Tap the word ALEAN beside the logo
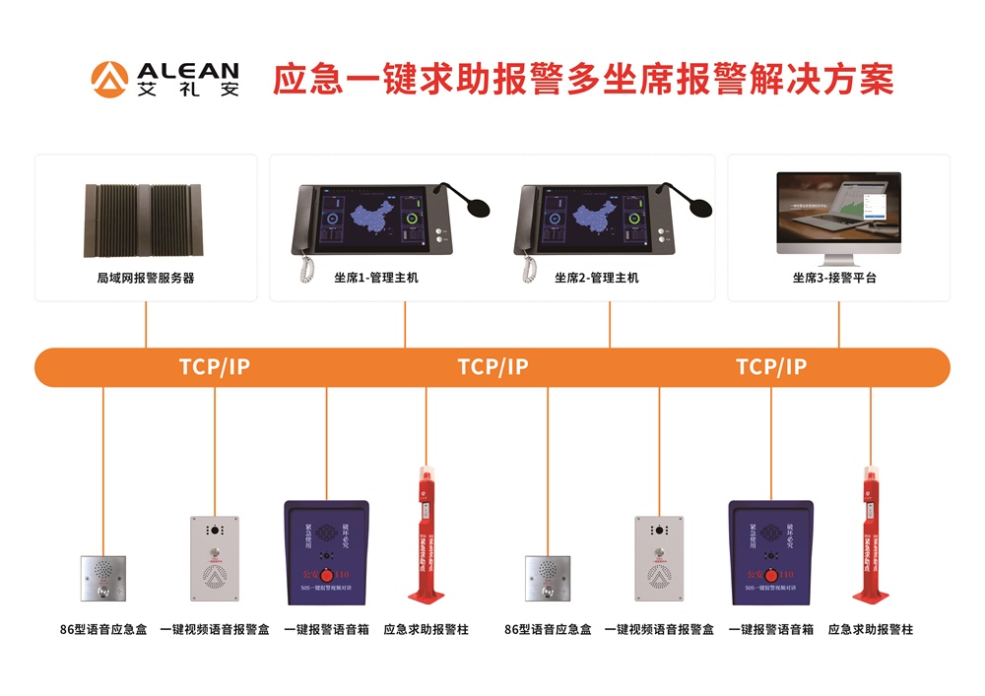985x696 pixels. point(188,71)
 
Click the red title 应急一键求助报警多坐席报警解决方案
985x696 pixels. point(583,79)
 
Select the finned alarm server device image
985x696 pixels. point(146,221)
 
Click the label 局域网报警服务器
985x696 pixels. point(146,278)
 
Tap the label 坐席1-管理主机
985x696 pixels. point(375,278)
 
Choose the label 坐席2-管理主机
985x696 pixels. point(596,278)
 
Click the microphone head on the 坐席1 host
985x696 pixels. point(480,208)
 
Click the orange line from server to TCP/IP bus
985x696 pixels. point(146,325)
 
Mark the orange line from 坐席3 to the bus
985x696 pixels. point(839,325)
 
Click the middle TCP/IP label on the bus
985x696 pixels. point(492,367)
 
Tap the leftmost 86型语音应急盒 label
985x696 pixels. point(103,629)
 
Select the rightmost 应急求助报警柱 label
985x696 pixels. point(871,629)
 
